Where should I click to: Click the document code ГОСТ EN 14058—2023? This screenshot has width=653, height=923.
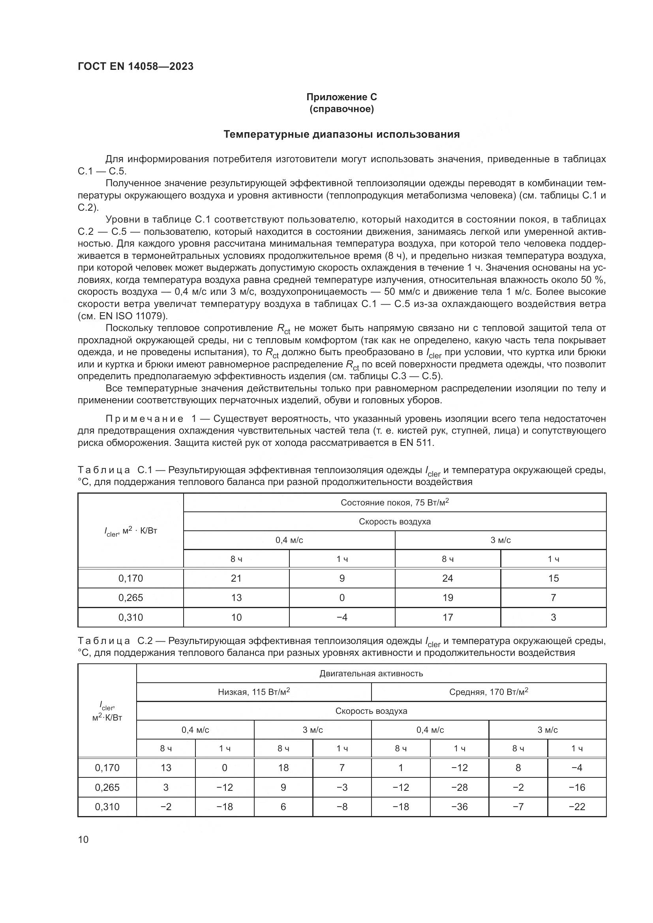pyautogui.click(x=135, y=66)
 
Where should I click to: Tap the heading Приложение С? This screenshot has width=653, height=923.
pyautogui.click(x=342, y=97)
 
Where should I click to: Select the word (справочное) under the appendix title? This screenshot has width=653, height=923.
pyautogui.click(x=342, y=109)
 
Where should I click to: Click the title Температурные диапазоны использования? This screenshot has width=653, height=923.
pyautogui.click(x=342, y=134)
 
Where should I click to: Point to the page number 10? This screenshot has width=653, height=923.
pyautogui.click(x=83, y=839)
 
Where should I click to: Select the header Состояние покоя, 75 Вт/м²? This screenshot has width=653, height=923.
pyautogui.click(x=394, y=502)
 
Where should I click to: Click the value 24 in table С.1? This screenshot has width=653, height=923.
pyautogui.click(x=448, y=578)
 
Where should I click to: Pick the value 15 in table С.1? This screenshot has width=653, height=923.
pyautogui.click(x=553, y=578)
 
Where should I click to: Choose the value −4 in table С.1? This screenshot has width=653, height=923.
pyautogui.click(x=342, y=617)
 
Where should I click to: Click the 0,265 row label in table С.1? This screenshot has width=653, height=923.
pyautogui.click(x=131, y=597)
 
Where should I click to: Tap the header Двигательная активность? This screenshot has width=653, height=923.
pyautogui.click(x=371, y=673)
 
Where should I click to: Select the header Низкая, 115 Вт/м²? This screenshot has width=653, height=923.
pyautogui.click(x=254, y=692)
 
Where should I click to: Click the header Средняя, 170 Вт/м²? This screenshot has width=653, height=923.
pyautogui.click(x=488, y=692)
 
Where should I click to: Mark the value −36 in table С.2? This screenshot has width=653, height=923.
pyautogui.click(x=459, y=807)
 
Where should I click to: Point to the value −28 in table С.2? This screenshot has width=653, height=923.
pyautogui.click(x=459, y=787)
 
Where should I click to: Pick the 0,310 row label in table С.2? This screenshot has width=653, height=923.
pyautogui.click(x=107, y=807)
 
